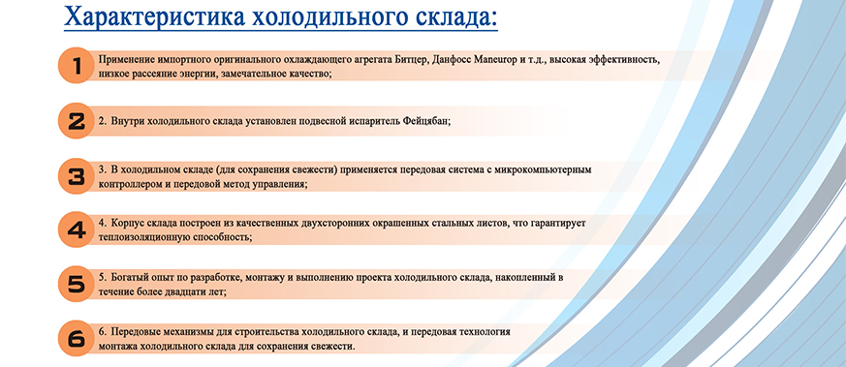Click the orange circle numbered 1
point(77,66)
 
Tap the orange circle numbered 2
point(77,121)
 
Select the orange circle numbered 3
point(77,176)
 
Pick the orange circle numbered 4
point(77,229)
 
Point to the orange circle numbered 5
point(77,284)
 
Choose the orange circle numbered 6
point(77,338)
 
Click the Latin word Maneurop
point(495,59)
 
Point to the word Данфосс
point(452,59)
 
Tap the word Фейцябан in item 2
point(425,121)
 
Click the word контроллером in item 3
point(125,183)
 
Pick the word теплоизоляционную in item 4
point(141,236)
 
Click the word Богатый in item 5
point(129,278)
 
